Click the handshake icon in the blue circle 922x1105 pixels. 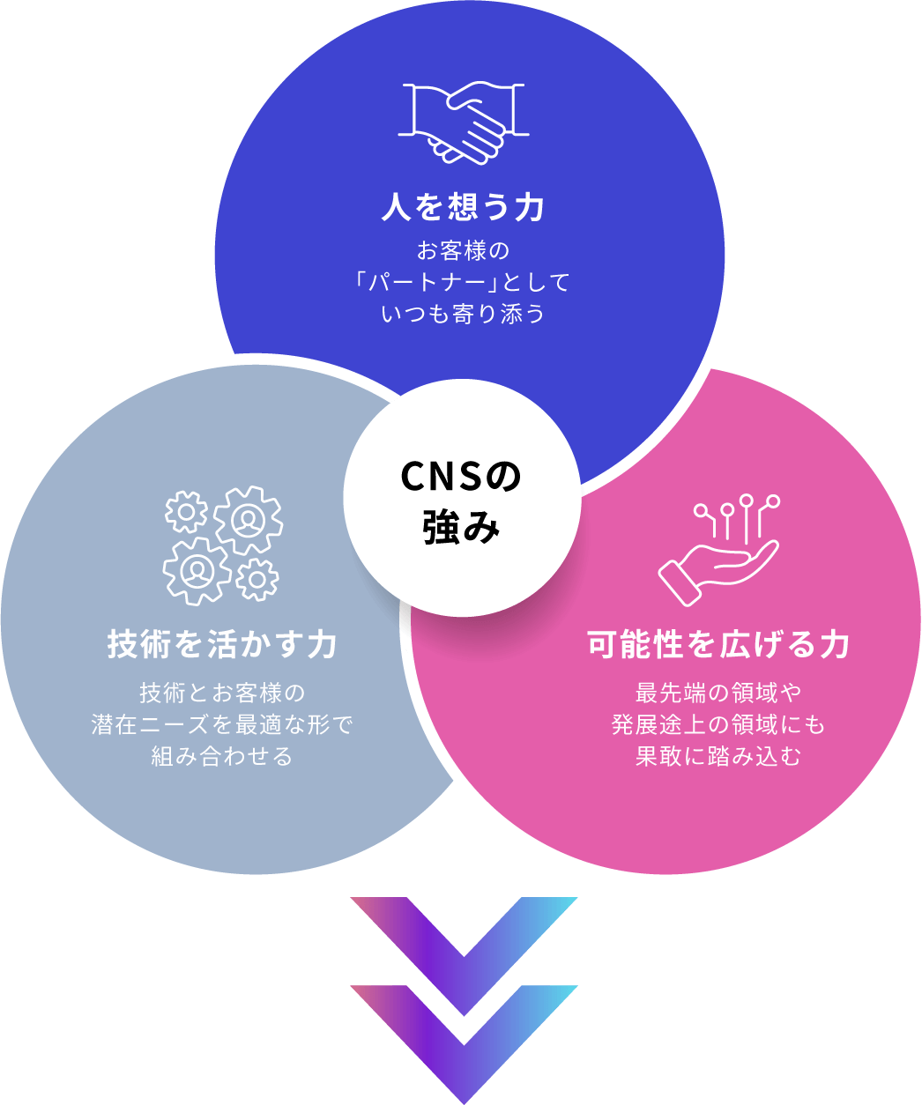pos(464,122)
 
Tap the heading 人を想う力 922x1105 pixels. pos(464,207)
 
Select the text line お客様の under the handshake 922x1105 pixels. pos(464,251)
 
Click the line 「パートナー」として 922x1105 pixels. pos(464,283)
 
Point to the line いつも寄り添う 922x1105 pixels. pos(464,314)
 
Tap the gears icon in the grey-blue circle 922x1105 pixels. pos(223,545)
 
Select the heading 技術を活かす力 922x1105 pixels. pos(222,644)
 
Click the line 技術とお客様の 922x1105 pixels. pos(222,693)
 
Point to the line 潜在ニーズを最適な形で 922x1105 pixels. pos(222,724)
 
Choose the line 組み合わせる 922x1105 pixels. pos(222,756)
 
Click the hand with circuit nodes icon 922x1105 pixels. pos(719,550)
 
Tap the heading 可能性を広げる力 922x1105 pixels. pos(719,644)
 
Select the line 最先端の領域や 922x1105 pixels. pos(719,693)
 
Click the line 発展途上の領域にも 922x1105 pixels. pos(719,724)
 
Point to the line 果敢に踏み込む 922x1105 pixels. pos(719,756)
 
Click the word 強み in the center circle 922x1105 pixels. pos(462,529)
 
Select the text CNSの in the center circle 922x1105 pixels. pos(462,477)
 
